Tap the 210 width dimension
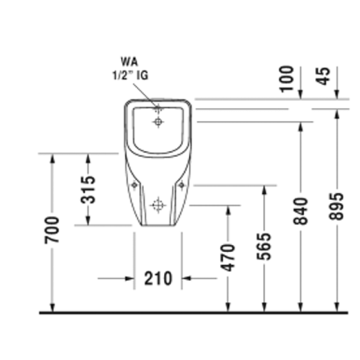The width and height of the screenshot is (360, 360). click(158, 278)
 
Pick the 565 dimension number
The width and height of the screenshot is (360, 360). click(265, 248)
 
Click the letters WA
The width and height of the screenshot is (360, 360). click(128, 60)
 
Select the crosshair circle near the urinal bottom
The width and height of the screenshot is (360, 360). click(159, 206)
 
